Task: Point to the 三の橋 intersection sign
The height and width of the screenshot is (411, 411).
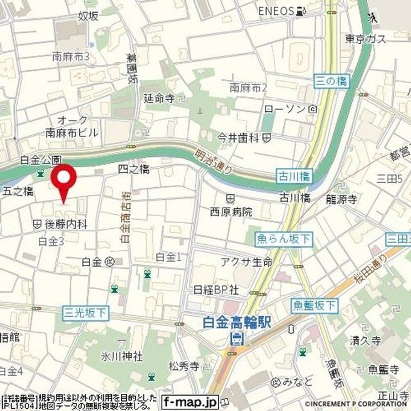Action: tap(331, 81)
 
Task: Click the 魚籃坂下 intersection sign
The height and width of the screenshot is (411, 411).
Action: tap(314, 305)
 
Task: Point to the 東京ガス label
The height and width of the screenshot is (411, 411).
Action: tap(366, 39)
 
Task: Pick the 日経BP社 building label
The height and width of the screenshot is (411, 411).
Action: tap(216, 289)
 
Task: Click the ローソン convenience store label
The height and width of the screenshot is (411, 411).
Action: tap(285, 108)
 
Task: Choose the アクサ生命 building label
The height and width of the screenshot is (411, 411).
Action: tap(247, 261)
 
